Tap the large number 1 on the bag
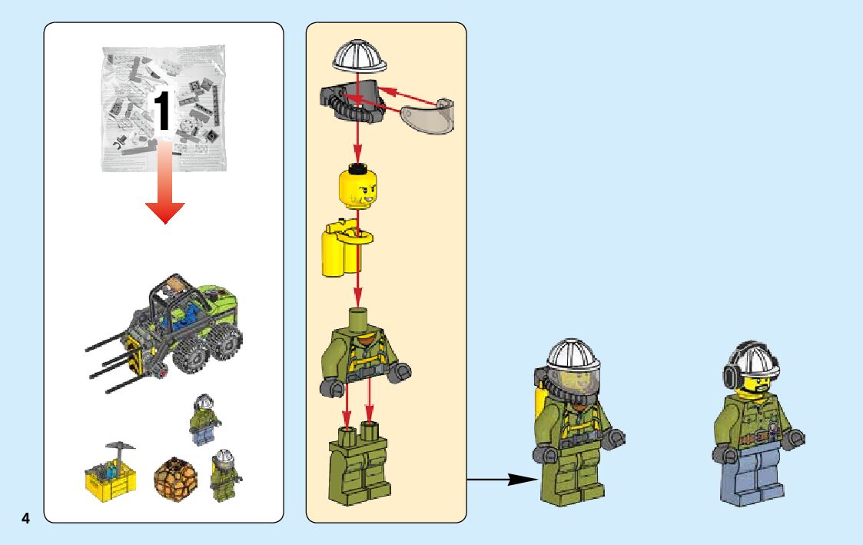[x=163, y=111]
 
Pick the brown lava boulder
[x=176, y=477]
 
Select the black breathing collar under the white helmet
[x=352, y=104]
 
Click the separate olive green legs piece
[x=360, y=465]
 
